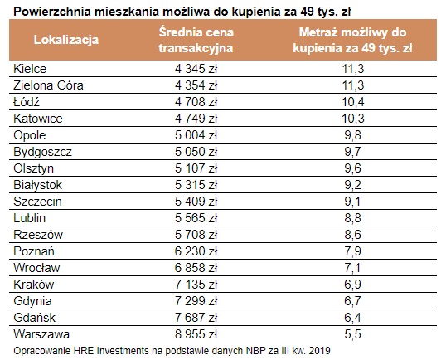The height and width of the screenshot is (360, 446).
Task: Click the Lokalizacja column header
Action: (x=66, y=40)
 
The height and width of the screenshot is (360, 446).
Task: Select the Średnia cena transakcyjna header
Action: (x=196, y=40)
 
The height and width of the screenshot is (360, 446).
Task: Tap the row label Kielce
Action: (x=30, y=69)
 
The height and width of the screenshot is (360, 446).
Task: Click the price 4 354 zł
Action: (x=196, y=85)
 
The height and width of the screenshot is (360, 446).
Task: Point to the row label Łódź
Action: (x=27, y=101)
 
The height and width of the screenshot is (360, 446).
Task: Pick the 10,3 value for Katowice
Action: (x=352, y=119)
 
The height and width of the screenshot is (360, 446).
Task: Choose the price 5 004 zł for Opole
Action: (x=196, y=135)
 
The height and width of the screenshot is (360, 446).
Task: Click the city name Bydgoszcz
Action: (x=42, y=152)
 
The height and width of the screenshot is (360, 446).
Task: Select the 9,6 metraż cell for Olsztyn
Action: (x=352, y=168)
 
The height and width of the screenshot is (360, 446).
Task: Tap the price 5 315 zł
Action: (x=196, y=185)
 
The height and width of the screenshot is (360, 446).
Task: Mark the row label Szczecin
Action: (x=37, y=202)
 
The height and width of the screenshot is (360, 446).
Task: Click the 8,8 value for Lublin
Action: (x=352, y=218)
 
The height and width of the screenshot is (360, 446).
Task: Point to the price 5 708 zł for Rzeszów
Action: (x=196, y=235)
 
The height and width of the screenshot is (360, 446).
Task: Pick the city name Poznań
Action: (x=34, y=251)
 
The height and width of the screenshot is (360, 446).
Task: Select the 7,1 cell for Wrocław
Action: (x=352, y=268)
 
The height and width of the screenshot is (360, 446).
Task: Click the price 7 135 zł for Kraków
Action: (x=196, y=285)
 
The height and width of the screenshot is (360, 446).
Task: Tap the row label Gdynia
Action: (x=32, y=301)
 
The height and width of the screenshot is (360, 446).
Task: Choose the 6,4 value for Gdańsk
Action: (x=352, y=318)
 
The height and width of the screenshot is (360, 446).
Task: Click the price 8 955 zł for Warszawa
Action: (x=196, y=334)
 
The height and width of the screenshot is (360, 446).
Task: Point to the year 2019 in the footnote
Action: (x=320, y=350)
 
